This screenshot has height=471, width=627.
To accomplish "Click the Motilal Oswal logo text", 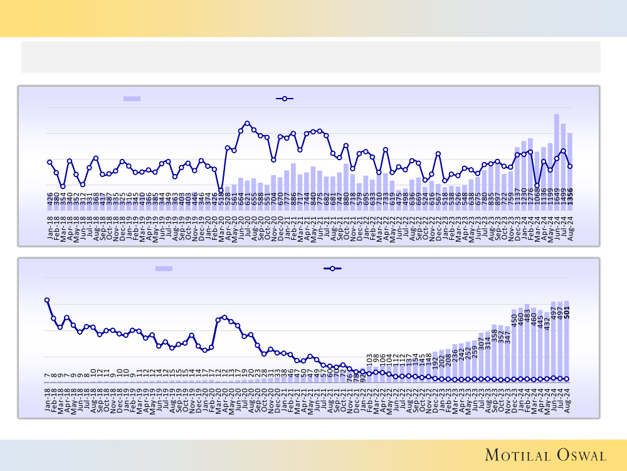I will click(x=544, y=455).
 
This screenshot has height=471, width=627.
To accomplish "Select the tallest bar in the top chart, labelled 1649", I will click(x=556, y=151).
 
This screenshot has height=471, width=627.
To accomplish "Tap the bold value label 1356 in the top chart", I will click(x=569, y=196).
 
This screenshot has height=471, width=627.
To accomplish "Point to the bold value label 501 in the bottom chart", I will click(x=567, y=312).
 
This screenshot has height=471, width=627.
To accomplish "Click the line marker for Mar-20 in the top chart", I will click(x=221, y=190).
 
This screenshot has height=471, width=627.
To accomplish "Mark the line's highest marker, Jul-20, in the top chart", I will click(x=247, y=123).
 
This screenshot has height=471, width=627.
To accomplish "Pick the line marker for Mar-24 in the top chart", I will click(x=537, y=185).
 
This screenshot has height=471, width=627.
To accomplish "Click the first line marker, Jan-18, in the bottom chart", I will click(x=47, y=300).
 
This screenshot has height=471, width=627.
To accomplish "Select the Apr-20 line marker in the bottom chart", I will click(x=224, y=317).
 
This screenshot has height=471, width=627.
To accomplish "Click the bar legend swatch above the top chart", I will click(x=132, y=99).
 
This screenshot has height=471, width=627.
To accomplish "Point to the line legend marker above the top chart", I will click(x=285, y=99).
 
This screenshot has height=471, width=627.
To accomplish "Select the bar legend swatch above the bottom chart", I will click(x=164, y=268).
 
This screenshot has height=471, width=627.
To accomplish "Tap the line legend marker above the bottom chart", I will click(x=332, y=268).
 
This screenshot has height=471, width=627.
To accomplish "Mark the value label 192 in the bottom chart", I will click(x=435, y=362).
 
